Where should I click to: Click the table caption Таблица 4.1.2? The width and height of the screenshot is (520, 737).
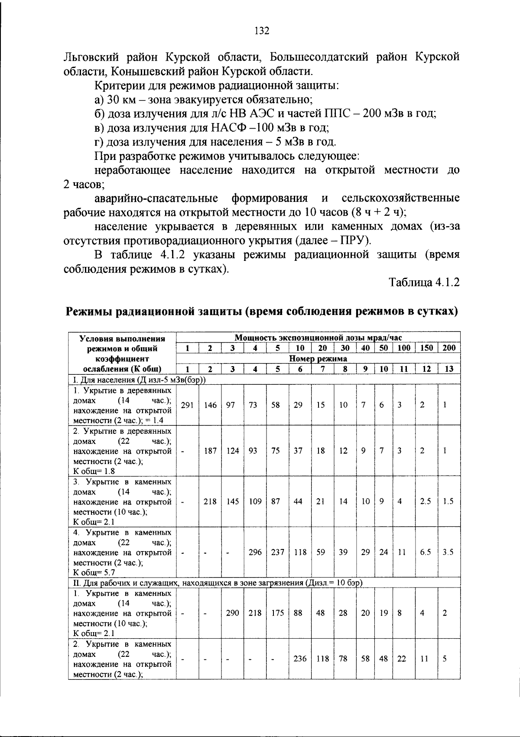pyautogui.click(x=424, y=283)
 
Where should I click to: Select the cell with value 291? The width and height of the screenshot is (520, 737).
pyautogui.click(x=187, y=405)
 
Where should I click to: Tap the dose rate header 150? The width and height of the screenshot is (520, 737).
pyautogui.click(x=426, y=347)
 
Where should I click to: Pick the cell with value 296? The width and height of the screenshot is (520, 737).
pyautogui.click(x=255, y=552)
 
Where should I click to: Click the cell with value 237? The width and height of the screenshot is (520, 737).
pyautogui.click(x=277, y=552)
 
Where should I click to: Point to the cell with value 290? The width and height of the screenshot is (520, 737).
pyautogui.click(x=232, y=613)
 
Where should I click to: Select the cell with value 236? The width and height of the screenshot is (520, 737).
pyautogui.click(x=300, y=659)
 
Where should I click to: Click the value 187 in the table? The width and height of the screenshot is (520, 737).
pyautogui.click(x=210, y=451)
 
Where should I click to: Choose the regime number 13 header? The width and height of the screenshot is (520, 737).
pyautogui.click(x=449, y=369)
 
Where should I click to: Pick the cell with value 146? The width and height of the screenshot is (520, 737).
pyautogui.click(x=210, y=405)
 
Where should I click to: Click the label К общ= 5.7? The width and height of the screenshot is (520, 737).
pyautogui.click(x=94, y=573)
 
